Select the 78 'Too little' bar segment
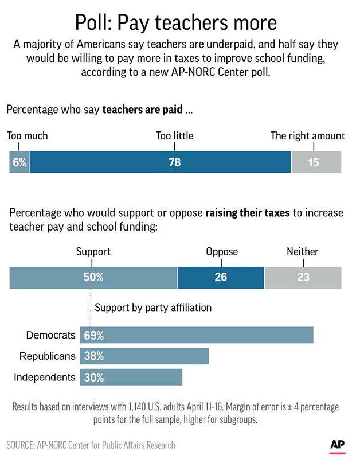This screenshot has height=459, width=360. (x=160, y=162)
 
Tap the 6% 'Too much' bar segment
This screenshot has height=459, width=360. (x=19, y=162)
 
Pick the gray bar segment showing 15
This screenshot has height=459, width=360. (x=316, y=162)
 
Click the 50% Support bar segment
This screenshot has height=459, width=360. (x=93, y=277)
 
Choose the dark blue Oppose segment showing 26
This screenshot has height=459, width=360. (x=221, y=277)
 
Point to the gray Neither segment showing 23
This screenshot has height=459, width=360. (x=303, y=277)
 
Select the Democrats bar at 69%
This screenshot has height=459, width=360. (x=197, y=335)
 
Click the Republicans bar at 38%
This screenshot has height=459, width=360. (x=144, y=356)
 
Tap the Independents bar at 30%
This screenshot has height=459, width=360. (x=131, y=377)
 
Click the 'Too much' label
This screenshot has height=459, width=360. (x=28, y=136)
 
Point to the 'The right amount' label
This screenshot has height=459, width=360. (x=308, y=136)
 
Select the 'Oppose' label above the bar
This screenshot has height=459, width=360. (x=222, y=252)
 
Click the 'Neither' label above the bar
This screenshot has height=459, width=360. (x=303, y=252)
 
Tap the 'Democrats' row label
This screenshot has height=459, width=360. (x=50, y=335)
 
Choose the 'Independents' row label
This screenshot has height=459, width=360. (x=44, y=377)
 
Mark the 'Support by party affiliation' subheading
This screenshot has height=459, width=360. (x=153, y=308)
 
